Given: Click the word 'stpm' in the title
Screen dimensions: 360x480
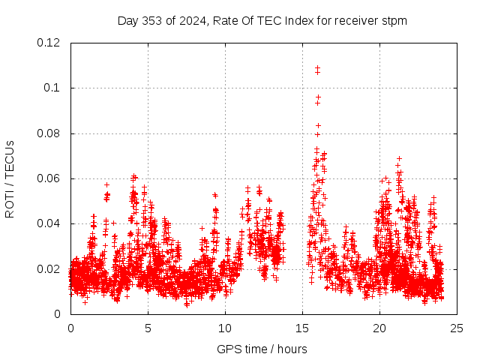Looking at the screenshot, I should pyautogui.click(x=394, y=20).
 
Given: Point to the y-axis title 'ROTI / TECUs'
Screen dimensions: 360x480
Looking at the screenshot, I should pyautogui.click(x=10, y=178).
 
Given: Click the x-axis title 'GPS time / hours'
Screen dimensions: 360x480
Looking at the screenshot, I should pyautogui.click(x=262, y=349).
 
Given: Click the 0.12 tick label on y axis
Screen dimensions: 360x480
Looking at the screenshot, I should pyautogui.click(x=49, y=43).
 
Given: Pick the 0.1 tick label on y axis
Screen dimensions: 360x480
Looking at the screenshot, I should pyautogui.click(x=52, y=88).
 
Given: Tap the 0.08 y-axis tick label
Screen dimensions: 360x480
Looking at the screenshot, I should pyautogui.click(x=49, y=133).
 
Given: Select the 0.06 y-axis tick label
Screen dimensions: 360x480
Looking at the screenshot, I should pyautogui.click(x=49, y=178).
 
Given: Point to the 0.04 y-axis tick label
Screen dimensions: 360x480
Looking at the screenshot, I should pyautogui.click(x=49, y=223).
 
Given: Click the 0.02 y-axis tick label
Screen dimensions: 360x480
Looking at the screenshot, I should pyautogui.click(x=49, y=268).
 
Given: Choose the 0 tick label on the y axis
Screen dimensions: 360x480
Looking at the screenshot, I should pyautogui.click(x=60, y=314).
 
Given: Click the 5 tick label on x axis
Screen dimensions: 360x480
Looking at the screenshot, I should pyautogui.click(x=148, y=328).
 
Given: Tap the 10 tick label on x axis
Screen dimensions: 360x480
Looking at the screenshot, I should pyautogui.click(x=225, y=328).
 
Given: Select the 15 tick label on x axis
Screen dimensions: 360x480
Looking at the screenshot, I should pyautogui.click(x=302, y=328).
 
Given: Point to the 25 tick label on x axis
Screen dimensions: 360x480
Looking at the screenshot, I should pyautogui.click(x=457, y=328).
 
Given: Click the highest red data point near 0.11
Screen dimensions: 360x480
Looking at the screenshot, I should pyautogui.click(x=317, y=68).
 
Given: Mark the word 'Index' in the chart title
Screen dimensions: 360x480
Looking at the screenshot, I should pyautogui.click(x=298, y=20).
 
